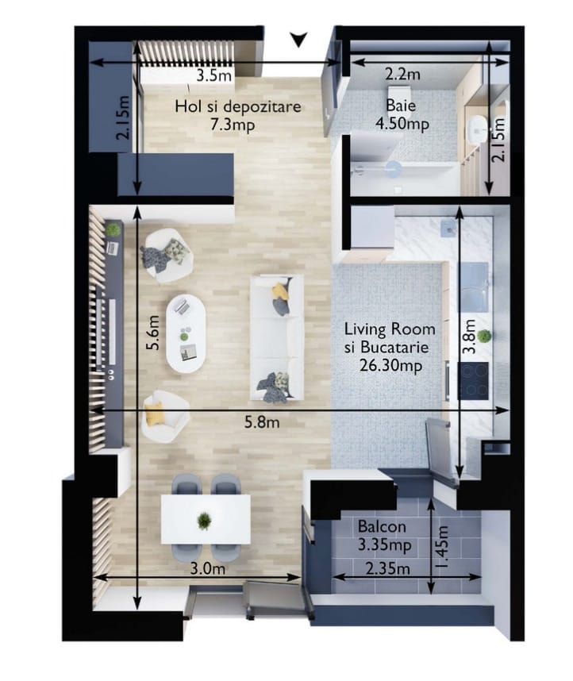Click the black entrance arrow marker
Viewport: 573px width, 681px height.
[298, 40]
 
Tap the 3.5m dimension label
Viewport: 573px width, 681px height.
[213, 75]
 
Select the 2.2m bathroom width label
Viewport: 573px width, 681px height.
[402, 75]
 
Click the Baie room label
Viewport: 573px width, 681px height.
[401, 106]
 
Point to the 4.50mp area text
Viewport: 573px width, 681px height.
[402, 124]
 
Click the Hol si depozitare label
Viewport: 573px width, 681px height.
[237, 106]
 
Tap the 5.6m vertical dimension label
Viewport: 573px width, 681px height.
[153, 333]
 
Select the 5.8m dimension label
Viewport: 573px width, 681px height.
[262, 421]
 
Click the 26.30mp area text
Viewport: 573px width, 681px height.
[390, 365]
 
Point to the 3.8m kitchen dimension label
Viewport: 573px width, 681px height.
[469, 337]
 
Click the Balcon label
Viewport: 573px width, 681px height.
[382, 527]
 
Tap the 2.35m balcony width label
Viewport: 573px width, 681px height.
[388, 568]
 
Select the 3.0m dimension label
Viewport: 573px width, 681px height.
[208, 568]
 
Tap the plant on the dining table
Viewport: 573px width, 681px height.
[204, 521]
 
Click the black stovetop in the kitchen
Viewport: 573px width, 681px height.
[473, 381]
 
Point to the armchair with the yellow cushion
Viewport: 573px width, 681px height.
[165, 417]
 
